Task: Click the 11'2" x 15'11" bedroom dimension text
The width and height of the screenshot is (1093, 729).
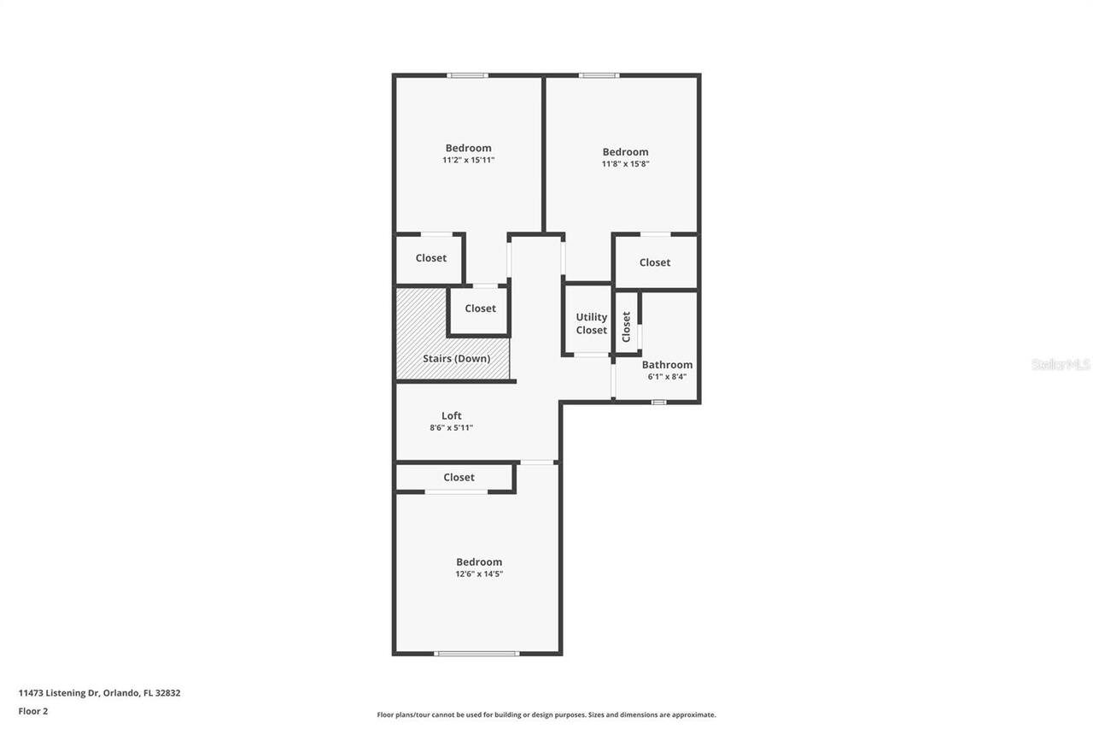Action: click(x=469, y=160)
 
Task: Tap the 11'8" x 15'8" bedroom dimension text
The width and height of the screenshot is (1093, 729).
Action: click(x=625, y=164)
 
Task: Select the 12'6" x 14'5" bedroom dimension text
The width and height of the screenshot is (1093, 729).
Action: click(x=479, y=573)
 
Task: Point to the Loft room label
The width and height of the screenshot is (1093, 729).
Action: click(x=452, y=415)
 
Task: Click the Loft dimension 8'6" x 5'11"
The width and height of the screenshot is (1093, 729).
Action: click(x=452, y=427)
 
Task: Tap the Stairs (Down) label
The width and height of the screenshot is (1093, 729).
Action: click(x=457, y=358)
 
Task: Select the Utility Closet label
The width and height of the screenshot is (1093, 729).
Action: click(x=592, y=324)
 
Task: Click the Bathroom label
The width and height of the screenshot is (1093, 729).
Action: click(x=667, y=365)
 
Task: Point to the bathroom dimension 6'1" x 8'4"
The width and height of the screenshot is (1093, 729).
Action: click(x=667, y=376)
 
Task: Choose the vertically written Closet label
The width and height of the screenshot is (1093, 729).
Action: click(x=627, y=326)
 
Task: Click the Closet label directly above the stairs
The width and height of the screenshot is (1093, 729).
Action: click(x=480, y=309)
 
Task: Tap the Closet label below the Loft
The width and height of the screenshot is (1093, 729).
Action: click(x=459, y=477)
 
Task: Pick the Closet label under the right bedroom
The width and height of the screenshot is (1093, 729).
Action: click(x=655, y=262)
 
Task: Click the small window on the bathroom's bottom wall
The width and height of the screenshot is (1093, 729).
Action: click(x=658, y=403)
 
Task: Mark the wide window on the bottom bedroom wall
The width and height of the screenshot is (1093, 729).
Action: click(x=476, y=653)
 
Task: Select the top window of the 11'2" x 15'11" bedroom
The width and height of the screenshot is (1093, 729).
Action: click(x=467, y=75)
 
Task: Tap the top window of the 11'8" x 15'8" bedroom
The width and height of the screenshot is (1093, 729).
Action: click(x=599, y=75)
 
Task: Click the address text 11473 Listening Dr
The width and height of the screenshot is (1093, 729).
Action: click(x=59, y=693)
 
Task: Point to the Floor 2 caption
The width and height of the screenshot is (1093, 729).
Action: click(x=33, y=711)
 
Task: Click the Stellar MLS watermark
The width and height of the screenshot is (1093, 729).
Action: click(x=1061, y=364)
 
